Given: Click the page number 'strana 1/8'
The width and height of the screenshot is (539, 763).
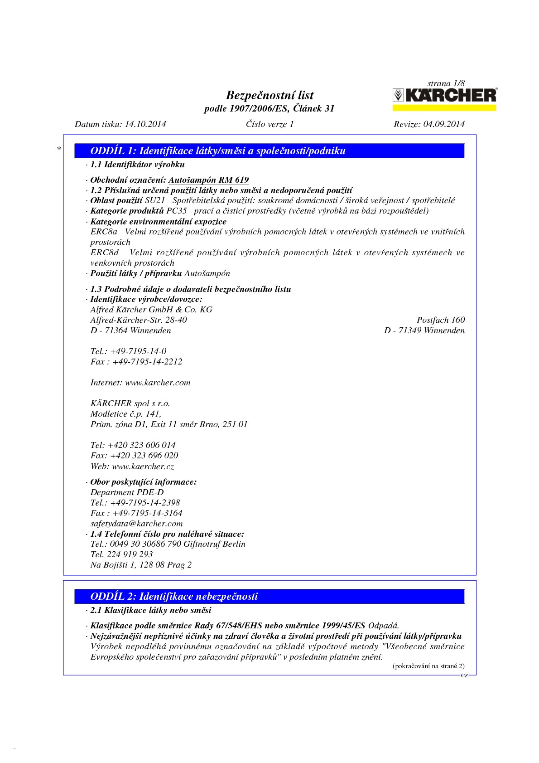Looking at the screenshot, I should click(446, 83).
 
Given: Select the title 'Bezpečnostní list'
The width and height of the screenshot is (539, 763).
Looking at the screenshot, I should click(269, 95).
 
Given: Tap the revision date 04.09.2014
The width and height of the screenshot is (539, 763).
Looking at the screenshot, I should click(443, 124).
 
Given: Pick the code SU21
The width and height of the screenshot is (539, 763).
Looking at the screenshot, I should click(155, 200).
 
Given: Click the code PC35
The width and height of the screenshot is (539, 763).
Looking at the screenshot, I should click(176, 211).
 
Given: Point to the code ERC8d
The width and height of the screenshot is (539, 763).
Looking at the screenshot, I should click(105, 253).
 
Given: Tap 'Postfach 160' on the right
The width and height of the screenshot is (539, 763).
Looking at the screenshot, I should click(440, 320).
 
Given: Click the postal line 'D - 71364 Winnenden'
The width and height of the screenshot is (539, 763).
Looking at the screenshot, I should click(130, 330).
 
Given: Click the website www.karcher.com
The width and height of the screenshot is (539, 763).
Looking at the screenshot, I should click(158, 383).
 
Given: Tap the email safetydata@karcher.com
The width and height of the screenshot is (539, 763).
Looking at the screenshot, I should click(136, 524).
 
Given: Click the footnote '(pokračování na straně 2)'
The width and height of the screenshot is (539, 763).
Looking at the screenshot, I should click(428, 666).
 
